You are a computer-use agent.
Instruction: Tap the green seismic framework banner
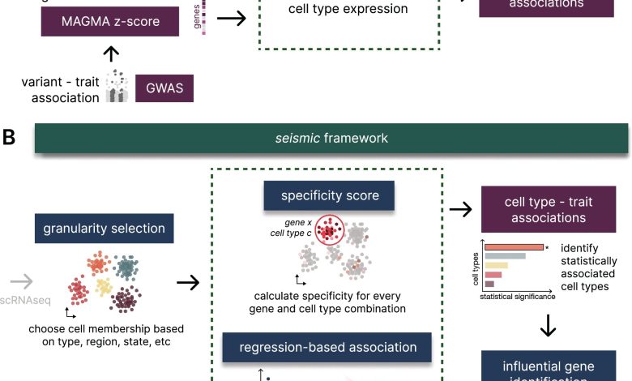[331, 139]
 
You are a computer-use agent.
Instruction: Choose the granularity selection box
[100, 229]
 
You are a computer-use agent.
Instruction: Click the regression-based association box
[328, 348]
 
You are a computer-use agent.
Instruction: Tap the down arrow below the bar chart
[548, 324]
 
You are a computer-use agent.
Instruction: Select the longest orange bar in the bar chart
[514, 246]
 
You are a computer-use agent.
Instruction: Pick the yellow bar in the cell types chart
[497, 266]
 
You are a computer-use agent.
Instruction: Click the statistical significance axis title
[517, 298]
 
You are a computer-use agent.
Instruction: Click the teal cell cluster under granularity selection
[126, 268]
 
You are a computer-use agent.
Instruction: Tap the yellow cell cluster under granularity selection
[103, 286]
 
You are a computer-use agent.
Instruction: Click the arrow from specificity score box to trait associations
[462, 210]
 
